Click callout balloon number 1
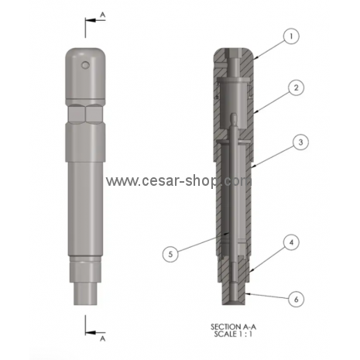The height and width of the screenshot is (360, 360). tap(291, 36)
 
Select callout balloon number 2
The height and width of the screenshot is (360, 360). tap(296, 87)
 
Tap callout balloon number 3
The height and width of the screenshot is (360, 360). tap(300, 142)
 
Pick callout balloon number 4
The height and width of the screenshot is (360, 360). tap(291, 242)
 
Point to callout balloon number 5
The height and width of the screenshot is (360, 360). tap(170, 254)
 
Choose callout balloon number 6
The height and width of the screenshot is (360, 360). tap(296, 300)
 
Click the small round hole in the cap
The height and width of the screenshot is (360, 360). tap(85, 65)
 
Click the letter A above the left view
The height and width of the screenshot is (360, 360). tap(103, 15)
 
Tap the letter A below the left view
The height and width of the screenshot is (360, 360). tap(103, 338)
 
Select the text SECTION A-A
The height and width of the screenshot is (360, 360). tap(234, 327)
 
